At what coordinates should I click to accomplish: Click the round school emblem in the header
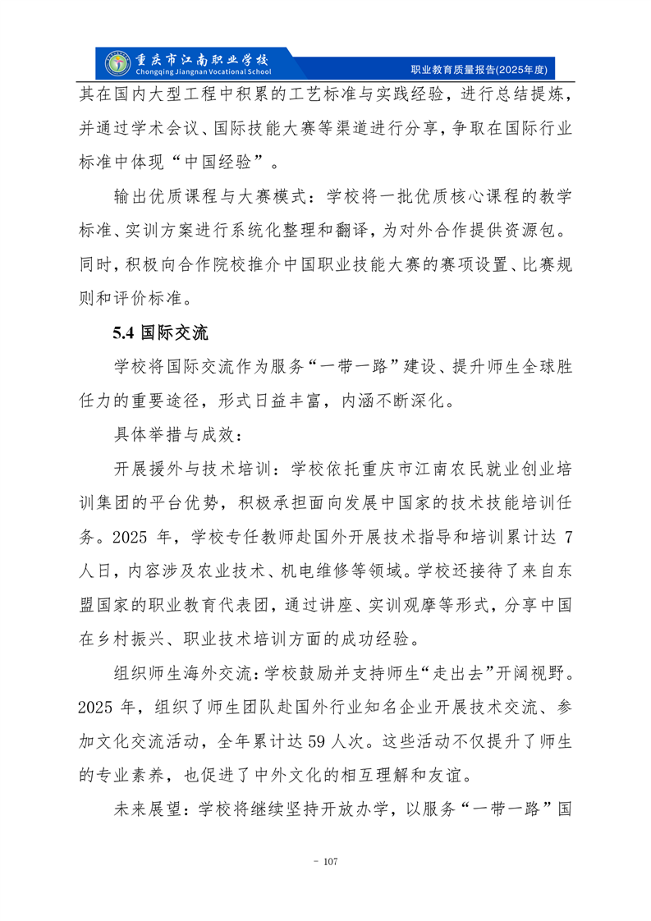(x=119, y=62)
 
